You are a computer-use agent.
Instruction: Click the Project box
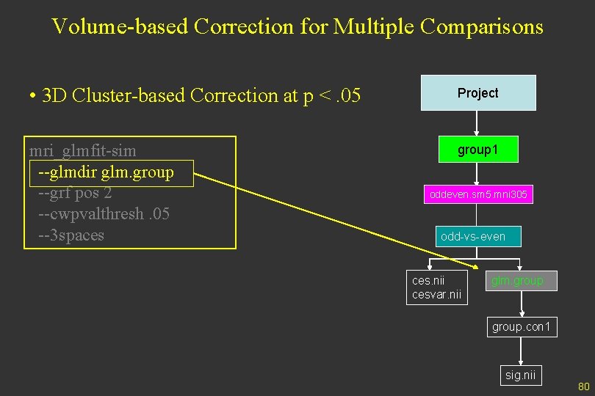tap(478, 93)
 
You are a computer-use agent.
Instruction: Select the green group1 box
tap(477, 150)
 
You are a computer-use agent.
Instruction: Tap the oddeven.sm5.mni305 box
tap(478, 195)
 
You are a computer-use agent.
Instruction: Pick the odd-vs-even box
tap(472, 237)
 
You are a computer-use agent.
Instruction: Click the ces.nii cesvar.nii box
tap(437, 287)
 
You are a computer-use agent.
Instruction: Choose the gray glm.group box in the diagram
tap(521, 281)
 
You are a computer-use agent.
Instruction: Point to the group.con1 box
tap(521, 327)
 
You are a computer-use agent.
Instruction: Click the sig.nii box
tap(521, 375)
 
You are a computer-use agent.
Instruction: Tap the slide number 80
tap(584, 386)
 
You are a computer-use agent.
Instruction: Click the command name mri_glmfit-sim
tap(82, 151)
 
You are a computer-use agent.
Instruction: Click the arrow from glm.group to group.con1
tap(521, 303)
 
